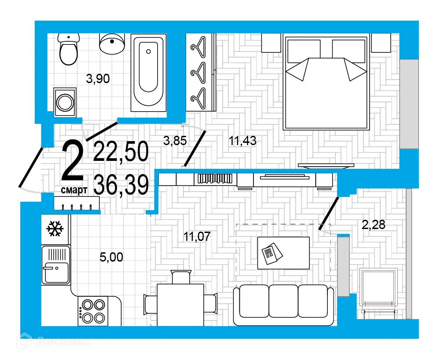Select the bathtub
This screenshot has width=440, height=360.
149,71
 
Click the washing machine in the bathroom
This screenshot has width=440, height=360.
65,102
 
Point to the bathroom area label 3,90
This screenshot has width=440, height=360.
97,79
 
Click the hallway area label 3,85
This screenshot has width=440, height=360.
175,141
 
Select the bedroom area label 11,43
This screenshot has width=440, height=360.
242,141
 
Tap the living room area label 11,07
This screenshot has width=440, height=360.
197,236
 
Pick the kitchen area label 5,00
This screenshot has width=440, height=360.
111,258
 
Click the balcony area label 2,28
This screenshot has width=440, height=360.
373,225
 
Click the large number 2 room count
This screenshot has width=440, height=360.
73,162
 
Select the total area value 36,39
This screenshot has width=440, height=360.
121,185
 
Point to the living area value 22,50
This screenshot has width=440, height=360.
121,152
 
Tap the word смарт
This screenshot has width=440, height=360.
74,189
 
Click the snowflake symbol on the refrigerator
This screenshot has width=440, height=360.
55,229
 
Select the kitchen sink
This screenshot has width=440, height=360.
55,265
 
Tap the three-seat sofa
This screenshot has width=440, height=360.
283,305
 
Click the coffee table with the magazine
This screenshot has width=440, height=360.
283,253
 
